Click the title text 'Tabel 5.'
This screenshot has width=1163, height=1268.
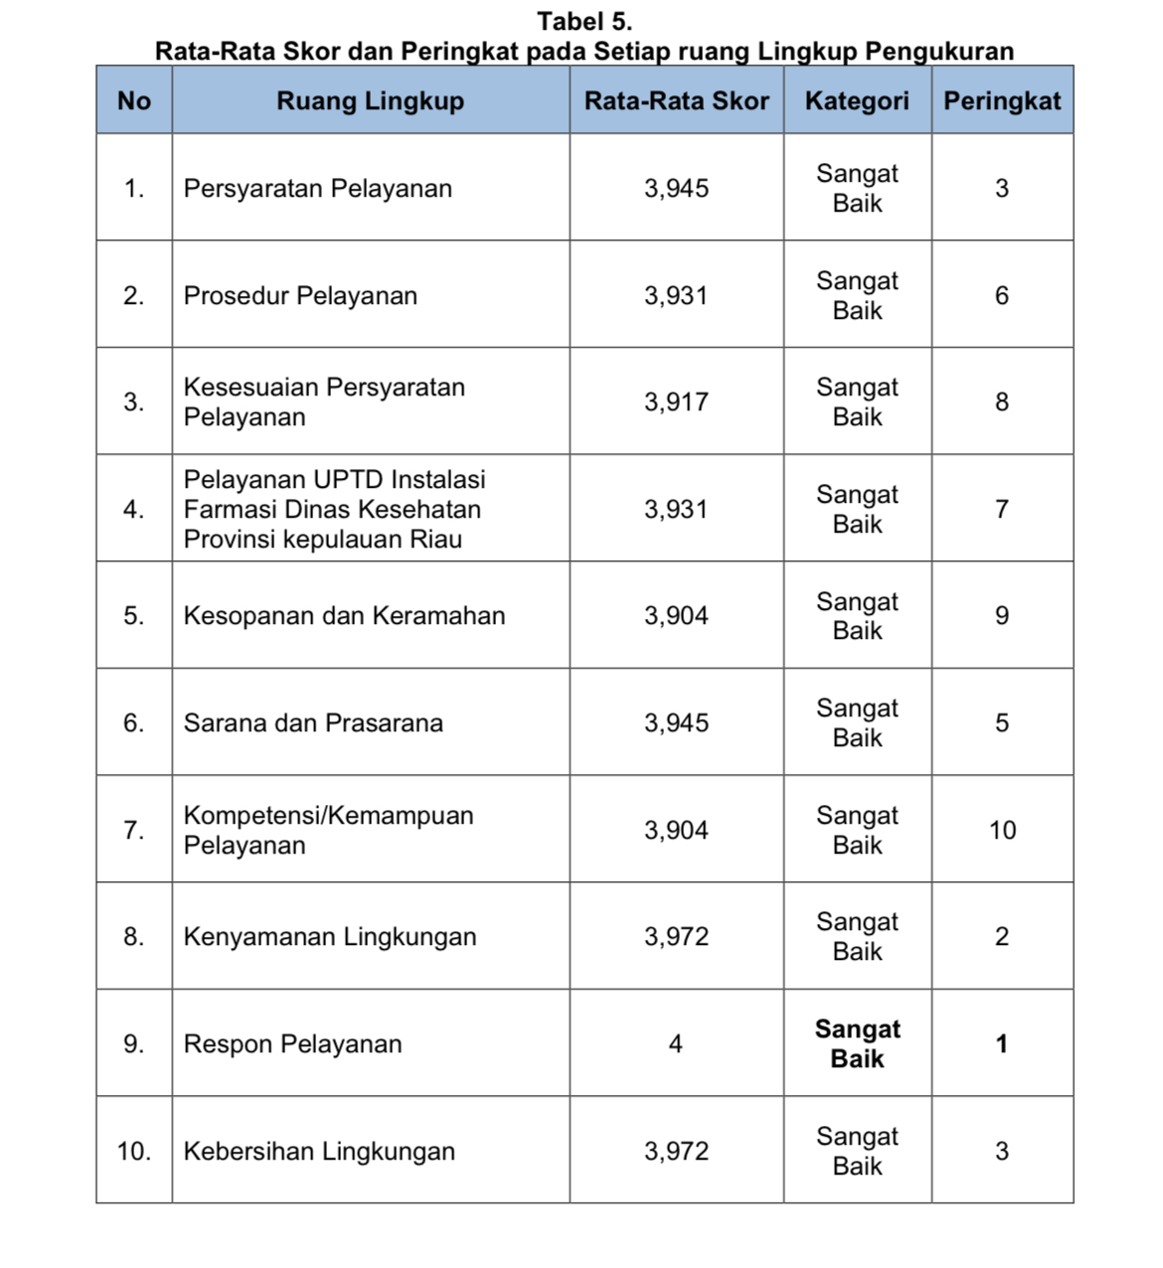(584, 21)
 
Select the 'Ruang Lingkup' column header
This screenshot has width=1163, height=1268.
(370, 100)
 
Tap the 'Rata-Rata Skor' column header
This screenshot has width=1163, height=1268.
(676, 100)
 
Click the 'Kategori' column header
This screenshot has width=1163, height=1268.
(857, 100)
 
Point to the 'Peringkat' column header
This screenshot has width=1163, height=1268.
(1002, 100)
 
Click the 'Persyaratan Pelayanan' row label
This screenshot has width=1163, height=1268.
(317, 188)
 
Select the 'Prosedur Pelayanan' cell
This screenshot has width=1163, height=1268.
(300, 295)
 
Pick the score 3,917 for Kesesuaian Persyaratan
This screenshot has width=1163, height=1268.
(676, 401)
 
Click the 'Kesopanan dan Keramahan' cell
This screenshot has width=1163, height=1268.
(344, 615)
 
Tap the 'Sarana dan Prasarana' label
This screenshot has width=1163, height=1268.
(313, 722)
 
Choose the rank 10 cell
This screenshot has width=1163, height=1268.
(1002, 830)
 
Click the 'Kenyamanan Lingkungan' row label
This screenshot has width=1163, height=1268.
(330, 936)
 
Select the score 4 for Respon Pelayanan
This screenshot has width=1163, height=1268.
(676, 1043)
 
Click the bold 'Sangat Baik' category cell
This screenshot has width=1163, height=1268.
(857, 1043)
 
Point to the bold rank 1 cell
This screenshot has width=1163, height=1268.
(1002, 1043)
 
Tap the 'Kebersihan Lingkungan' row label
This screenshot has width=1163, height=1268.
(319, 1151)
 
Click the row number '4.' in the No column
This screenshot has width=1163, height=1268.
(133, 509)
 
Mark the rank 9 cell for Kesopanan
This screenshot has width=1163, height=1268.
(1002, 615)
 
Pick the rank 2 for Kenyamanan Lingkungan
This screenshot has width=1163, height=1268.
(1002, 936)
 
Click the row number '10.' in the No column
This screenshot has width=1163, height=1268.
(133, 1151)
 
